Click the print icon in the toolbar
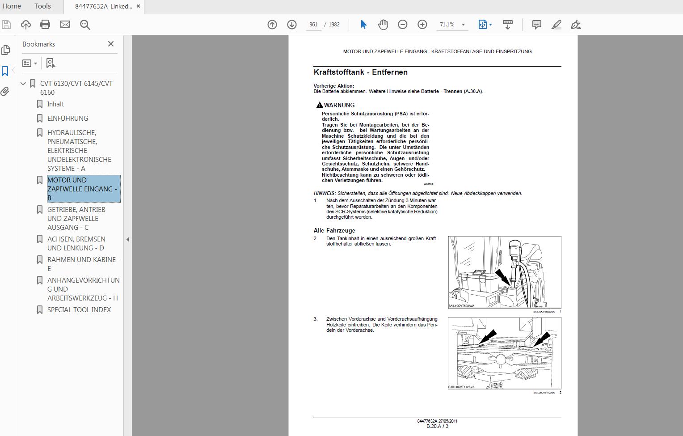[x=45, y=25]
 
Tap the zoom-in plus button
[x=422, y=25]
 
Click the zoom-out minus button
[x=402, y=25]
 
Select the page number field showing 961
[x=313, y=25]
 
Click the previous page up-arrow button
[x=272, y=25]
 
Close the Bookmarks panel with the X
[x=111, y=44]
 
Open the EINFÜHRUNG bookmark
[x=67, y=119]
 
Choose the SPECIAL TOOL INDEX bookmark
[x=79, y=310]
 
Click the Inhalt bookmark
[x=55, y=104]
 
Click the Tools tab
[x=42, y=6]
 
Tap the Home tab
[x=12, y=6]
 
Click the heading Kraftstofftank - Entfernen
[x=360, y=72]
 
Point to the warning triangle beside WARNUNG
[x=319, y=105]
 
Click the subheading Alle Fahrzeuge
[x=334, y=231]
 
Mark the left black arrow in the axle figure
[x=487, y=336]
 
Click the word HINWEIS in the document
[x=325, y=194]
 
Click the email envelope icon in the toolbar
[x=65, y=25]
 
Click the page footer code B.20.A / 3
[x=437, y=427]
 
